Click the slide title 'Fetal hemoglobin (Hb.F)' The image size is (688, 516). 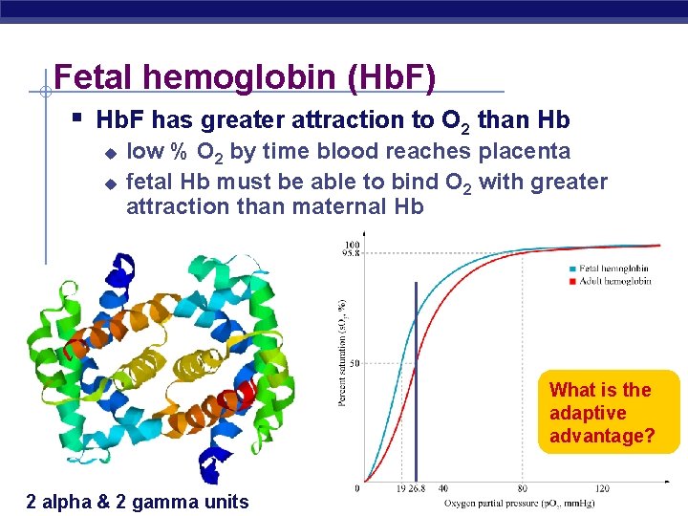click(x=245, y=77)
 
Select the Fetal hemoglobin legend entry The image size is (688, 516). click(x=615, y=269)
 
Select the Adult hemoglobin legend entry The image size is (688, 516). click(x=614, y=281)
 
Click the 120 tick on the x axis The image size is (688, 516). click(x=602, y=489)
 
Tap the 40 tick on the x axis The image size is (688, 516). click(x=442, y=489)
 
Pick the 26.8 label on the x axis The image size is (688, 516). click(x=417, y=489)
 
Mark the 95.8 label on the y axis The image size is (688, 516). click(x=351, y=253)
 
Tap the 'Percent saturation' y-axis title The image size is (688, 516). click(x=341, y=353)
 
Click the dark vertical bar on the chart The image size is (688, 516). click(x=416, y=382)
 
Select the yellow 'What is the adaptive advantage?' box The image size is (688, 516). click(x=602, y=412)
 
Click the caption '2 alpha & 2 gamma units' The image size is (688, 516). click(x=138, y=502)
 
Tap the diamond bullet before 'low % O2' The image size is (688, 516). click(x=110, y=153)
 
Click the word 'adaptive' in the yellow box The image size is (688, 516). click(x=588, y=413)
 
